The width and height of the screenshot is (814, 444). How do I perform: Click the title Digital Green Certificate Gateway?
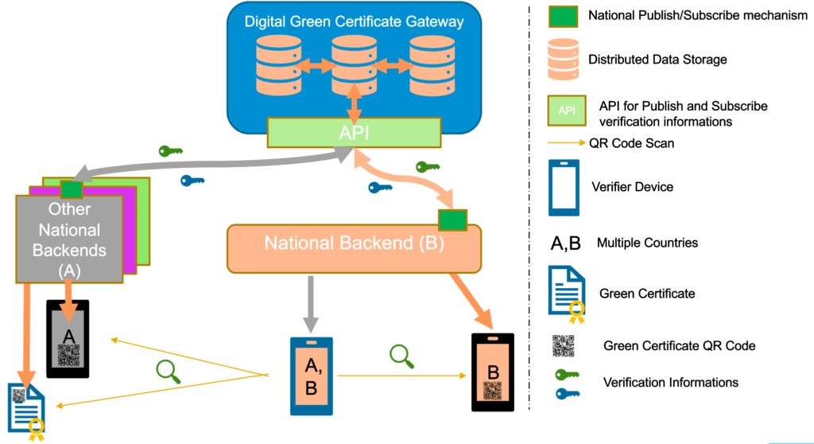pyautogui.click(x=354, y=21)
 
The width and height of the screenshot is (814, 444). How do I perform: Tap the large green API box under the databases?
pyautogui.click(x=354, y=132)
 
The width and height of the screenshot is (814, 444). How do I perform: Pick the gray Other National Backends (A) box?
pyautogui.click(x=69, y=239)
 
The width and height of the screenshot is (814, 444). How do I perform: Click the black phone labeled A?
pyautogui.click(x=68, y=338)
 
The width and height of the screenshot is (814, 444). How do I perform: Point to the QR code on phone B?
pyautogui.click(x=493, y=391)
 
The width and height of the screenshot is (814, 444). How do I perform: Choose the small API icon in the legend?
pyautogui.click(x=566, y=111)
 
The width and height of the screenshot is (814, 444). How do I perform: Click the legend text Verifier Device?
pyautogui.click(x=632, y=187)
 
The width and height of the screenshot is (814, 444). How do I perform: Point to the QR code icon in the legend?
pyautogui.click(x=564, y=345)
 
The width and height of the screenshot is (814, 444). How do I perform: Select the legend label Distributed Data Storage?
pyautogui.click(x=657, y=60)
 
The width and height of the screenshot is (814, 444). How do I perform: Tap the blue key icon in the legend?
pyautogui.click(x=567, y=392)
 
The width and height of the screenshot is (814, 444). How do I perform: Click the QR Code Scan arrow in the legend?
pyautogui.click(x=567, y=144)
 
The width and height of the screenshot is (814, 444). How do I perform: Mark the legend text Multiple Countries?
pyautogui.click(x=647, y=243)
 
